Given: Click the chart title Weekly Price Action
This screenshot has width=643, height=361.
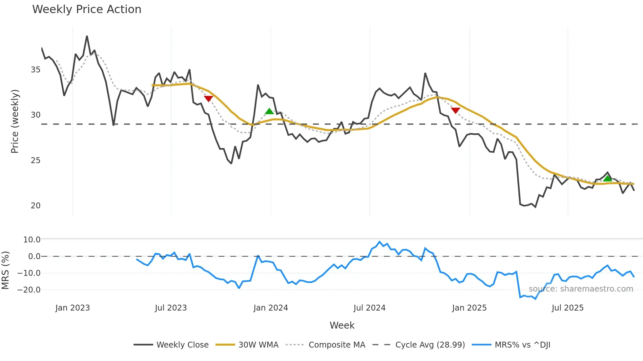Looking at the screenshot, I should (x=87, y=9).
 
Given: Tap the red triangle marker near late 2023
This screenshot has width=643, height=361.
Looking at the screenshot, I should (x=208, y=99).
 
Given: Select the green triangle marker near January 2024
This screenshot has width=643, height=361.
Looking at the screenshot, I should (x=269, y=111).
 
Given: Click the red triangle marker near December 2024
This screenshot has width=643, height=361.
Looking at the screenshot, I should (x=455, y=110).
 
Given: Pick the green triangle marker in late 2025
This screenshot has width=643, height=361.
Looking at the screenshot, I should (x=608, y=178).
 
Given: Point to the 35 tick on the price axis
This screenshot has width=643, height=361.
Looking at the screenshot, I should (x=35, y=70).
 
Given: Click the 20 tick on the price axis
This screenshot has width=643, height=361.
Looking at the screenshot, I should (x=35, y=206).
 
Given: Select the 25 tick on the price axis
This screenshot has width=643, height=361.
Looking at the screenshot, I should (x=35, y=161).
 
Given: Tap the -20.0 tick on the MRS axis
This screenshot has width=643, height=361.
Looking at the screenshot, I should (x=29, y=290).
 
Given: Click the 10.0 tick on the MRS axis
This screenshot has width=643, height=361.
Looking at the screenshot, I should (x=31, y=240).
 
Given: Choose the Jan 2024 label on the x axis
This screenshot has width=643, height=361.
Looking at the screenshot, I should (x=271, y=308).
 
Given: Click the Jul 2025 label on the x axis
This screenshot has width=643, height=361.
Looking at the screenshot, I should (x=568, y=308).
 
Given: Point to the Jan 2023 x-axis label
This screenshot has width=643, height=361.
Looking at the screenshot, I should (x=73, y=308).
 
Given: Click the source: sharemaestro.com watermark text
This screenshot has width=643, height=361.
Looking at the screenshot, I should (x=581, y=289).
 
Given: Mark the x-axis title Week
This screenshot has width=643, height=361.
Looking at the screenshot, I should (x=342, y=325).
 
